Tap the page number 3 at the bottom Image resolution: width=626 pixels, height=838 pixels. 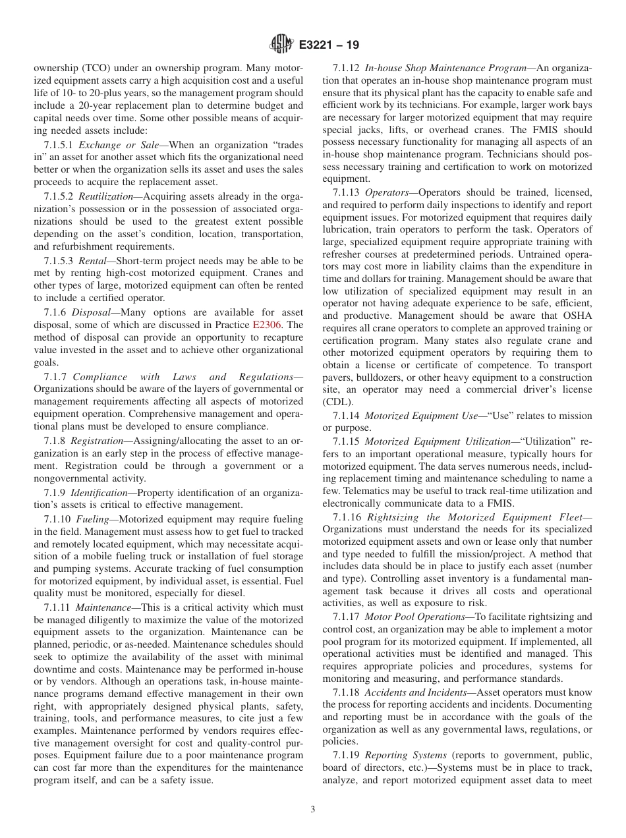(312, 810)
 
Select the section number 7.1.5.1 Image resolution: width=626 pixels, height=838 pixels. (59, 144)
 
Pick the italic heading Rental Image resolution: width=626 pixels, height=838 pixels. (92, 262)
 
